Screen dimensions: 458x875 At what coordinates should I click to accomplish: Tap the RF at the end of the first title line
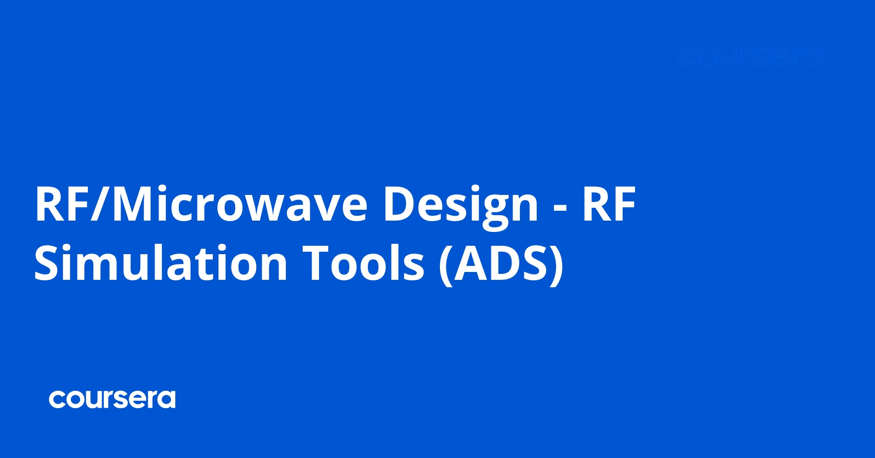click(x=609, y=204)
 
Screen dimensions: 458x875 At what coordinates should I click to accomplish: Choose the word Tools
click(x=363, y=263)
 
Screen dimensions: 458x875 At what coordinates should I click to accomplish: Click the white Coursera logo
click(x=112, y=399)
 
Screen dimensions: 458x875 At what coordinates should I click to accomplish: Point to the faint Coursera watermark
click(x=750, y=58)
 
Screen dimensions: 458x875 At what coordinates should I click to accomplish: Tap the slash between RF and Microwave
click(x=101, y=204)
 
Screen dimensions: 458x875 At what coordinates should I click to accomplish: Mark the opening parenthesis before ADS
click(x=445, y=264)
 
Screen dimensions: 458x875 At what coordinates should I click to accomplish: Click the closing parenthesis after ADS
click(x=557, y=264)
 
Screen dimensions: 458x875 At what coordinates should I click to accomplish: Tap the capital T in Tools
click(x=317, y=263)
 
